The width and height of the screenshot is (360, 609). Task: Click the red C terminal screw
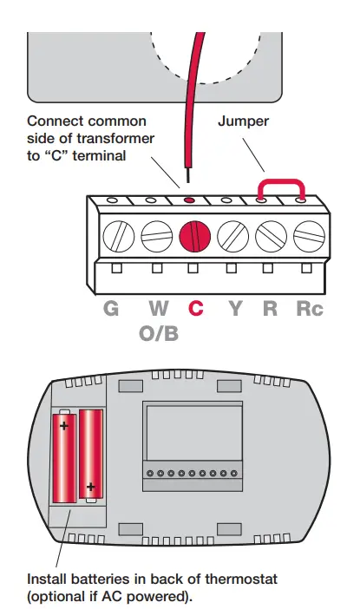194,236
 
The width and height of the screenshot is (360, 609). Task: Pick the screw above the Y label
232,236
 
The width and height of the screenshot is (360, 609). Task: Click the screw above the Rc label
308,236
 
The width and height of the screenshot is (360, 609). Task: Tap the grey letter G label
111,308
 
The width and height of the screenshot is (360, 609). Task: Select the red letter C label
196,308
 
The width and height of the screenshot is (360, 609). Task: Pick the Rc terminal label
309,308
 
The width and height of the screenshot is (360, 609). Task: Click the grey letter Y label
233,308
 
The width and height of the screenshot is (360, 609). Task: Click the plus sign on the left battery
64,426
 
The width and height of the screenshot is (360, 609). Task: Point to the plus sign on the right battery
89,488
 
